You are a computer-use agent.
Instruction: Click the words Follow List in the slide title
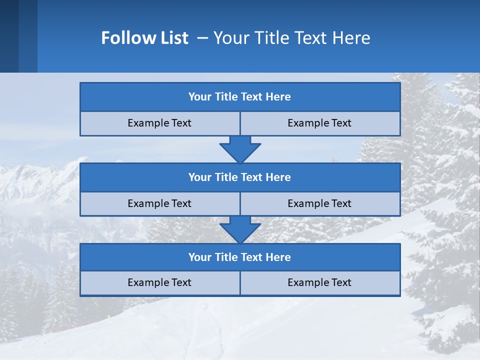(x=144, y=38)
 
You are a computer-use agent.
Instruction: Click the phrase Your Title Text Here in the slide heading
(x=291, y=38)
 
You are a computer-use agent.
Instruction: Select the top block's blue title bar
(x=240, y=97)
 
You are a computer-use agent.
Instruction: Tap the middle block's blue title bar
(x=240, y=177)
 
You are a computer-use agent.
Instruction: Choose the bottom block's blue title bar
(x=240, y=257)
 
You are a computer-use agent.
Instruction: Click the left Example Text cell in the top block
(x=159, y=123)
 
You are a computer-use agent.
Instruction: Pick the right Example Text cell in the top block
(x=319, y=123)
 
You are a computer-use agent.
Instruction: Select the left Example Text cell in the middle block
(x=159, y=203)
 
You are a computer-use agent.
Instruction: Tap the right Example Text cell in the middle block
(x=319, y=203)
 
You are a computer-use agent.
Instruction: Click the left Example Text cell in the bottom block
(x=159, y=282)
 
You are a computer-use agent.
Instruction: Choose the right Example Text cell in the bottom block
(x=319, y=282)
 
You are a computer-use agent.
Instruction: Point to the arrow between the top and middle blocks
(x=240, y=149)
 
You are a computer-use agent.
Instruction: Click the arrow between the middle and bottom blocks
(x=240, y=229)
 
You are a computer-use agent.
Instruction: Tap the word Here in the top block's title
(x=278, y=97)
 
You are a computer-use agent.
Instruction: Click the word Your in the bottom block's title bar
(x=199, y=257)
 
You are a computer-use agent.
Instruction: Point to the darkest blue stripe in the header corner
(x=9, y=36)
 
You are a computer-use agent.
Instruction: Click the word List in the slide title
(x=171, y=38)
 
